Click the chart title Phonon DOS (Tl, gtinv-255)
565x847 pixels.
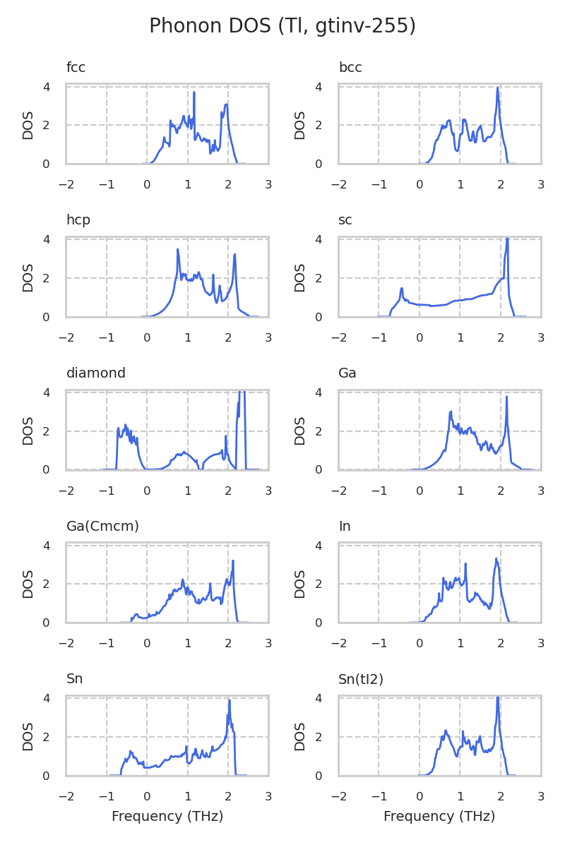tap(282, 26)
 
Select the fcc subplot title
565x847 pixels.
tap(76, 68)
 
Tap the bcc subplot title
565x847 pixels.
tap(350, 68)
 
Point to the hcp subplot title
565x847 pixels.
tap(78, 220)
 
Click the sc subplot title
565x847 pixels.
tap(345, 220)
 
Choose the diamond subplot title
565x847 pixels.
tap(96, 373)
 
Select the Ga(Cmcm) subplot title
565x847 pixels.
tap(102, 527)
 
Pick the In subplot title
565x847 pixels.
tap(345, 527)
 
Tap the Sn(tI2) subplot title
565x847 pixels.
tap(361, 679)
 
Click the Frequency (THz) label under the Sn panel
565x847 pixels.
tap(167, 817)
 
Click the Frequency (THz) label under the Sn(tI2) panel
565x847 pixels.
tap(439, 817)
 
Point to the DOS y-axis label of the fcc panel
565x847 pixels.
tap(28, 125)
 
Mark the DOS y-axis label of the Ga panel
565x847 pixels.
tap(300, 431)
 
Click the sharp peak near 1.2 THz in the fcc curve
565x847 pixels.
tap(194, 92)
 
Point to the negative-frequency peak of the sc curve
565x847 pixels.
tap(401, 288)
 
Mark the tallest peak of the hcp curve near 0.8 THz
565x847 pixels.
tap(178, 249)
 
